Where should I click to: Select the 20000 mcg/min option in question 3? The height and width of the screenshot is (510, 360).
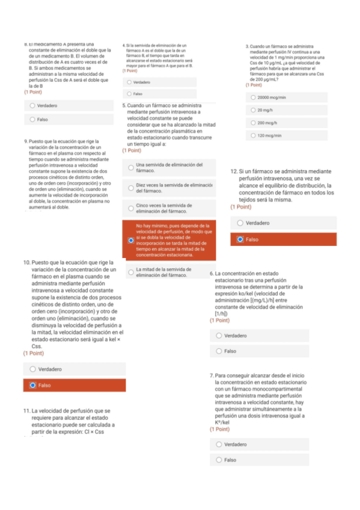[x=252, y=97]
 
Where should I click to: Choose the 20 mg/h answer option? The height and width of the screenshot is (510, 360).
[x=252, y=110]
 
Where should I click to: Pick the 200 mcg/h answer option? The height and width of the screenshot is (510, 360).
[x=252, y=123]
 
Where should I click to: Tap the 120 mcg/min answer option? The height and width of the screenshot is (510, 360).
[x=252, y=135]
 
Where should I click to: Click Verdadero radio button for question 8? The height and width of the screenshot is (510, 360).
[x=32, y=105]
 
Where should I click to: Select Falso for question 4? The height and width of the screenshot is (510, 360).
[x=129, y=94]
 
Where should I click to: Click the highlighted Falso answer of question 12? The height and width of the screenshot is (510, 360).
[x=240, y=239]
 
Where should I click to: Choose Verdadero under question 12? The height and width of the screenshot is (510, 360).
[x=240, y=223]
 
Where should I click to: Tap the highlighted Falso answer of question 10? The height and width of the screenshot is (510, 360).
[x=33, y=385]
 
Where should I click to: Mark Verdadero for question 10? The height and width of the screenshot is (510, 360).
[x=33, y=369]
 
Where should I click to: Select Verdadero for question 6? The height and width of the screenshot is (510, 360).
[x=219, y=336]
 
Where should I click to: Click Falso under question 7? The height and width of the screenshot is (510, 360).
[x=219, y=460]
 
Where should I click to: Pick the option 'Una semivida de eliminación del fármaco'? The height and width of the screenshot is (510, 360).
[x=130, y=168]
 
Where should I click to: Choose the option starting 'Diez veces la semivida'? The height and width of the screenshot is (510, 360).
[x=130, y=188]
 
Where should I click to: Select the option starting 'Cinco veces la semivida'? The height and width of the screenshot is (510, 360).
[x=130, y=209]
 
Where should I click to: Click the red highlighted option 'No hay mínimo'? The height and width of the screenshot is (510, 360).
[x=130, y=240]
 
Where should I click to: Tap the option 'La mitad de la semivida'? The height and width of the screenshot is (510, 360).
[x=130, y=272]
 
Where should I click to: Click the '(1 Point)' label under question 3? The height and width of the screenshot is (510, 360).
[x=254, y=85]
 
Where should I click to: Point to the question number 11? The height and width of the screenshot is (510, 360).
[x=27, y=411]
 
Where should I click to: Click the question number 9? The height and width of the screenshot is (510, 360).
[x=25, y=141]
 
